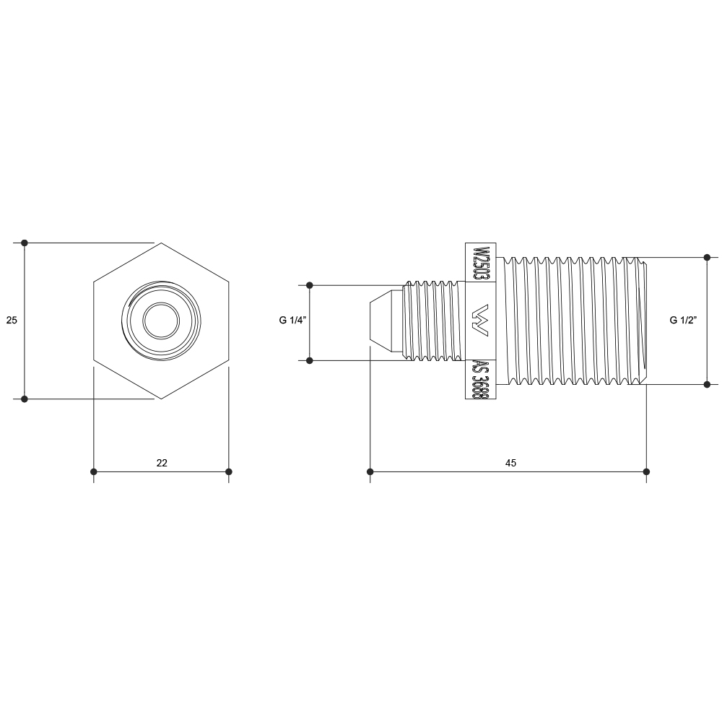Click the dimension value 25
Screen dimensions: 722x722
pos(12,320)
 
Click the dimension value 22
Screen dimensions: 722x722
pos(162,463)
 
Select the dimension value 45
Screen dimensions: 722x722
pos(510,463)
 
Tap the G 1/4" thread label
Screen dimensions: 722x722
pos(292,320)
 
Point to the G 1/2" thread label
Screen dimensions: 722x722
pos(683,320)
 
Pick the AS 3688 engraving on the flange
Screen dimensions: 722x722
pos(481,380)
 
